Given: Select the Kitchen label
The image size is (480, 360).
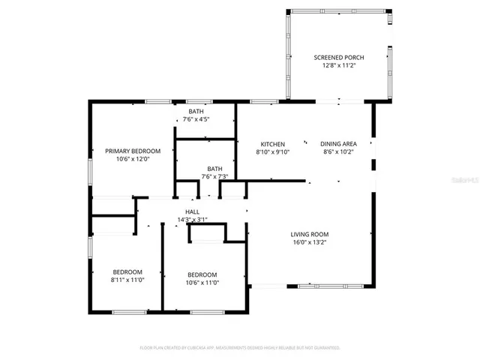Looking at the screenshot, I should [272, 144].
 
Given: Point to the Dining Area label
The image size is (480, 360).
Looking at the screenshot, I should [338, 144].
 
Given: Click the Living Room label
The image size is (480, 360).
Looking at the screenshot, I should [310, 234].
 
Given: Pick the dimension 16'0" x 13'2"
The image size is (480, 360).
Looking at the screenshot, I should [310, 242].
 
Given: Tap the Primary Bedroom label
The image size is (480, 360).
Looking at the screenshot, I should [133, 151].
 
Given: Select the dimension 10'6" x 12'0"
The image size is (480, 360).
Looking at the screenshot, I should [133, 159].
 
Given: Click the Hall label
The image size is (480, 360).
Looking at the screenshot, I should [192, 212].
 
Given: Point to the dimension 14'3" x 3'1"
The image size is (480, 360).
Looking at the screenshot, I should [192, 220].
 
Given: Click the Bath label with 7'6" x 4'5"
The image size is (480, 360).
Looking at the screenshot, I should [196, 111].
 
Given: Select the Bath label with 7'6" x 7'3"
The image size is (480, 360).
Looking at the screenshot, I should [214, 169].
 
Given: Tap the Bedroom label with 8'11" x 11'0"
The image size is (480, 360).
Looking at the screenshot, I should [127, 272].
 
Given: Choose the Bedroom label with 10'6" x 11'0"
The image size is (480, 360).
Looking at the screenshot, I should [202, 274].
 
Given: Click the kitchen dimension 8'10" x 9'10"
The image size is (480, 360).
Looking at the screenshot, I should [272, 152].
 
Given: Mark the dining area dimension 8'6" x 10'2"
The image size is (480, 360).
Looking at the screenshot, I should [338, 152].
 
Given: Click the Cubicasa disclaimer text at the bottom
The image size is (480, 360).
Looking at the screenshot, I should [240, 348].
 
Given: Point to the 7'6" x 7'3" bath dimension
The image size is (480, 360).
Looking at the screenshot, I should [214, 177].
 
